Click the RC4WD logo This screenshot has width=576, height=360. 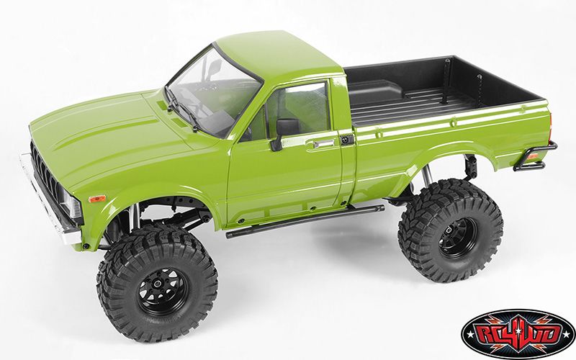[x=518, y=333]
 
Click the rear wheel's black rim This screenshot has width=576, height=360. [x=456, y=238]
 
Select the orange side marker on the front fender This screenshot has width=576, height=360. [x=97, y=199]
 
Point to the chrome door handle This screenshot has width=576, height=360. [x=324, y=143]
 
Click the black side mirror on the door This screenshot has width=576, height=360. [x=283, y=132]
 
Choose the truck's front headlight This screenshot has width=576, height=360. [x=71, y=207]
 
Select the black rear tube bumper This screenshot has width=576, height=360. [x=535, y=157]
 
